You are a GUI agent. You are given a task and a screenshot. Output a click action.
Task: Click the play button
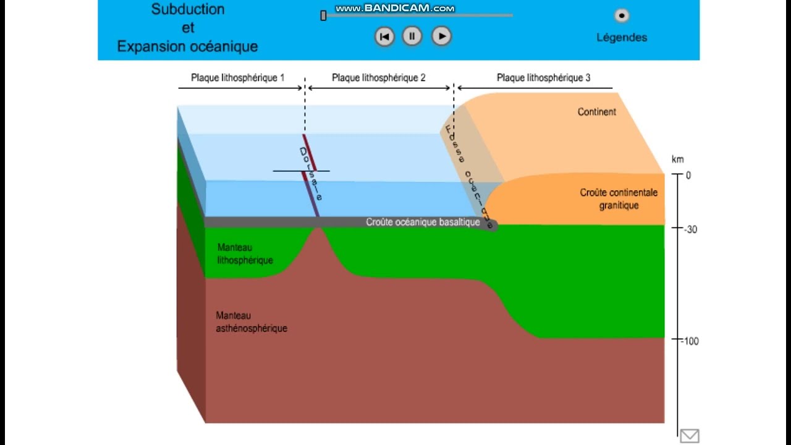point(441,36)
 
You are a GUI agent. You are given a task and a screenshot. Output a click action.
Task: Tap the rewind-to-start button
point(384,36)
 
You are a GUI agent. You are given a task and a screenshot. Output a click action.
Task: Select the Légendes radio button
point(621,15)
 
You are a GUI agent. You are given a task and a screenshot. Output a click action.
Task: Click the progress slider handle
point(323,15)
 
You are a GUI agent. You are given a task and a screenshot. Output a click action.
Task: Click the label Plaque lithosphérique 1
point(237,78)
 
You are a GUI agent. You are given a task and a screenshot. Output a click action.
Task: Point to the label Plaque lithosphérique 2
point(378,78)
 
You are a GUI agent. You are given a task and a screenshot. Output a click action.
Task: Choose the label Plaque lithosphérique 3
point(543,78)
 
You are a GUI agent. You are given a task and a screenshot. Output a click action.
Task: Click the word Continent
point(596,112)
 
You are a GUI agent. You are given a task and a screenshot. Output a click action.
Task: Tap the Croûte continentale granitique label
point(619,198)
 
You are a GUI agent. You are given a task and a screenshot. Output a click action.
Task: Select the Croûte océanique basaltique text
point(423,222)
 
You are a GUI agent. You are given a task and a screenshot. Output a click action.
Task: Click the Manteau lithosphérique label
point(245,253)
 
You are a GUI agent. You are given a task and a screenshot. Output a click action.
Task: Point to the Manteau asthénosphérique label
point(251,322)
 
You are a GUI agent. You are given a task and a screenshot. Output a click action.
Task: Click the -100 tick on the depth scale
point(690,341)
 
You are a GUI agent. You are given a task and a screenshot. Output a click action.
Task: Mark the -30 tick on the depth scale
point(690,229)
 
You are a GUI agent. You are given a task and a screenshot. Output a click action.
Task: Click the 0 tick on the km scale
point(688,176)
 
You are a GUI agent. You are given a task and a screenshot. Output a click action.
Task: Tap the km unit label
point(677,159)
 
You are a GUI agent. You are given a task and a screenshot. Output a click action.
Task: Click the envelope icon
point(690,436)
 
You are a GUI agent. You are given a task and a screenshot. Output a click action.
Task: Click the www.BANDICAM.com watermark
point(395,8)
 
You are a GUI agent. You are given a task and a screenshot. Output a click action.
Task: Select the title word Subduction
point(188,9)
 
